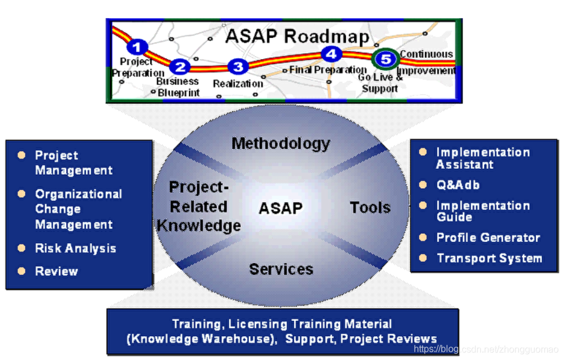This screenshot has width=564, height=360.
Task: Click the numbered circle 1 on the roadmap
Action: (137, 46)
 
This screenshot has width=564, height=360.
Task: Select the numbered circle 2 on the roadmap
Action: (180, 67)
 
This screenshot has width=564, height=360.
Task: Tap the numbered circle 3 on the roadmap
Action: (237, 67)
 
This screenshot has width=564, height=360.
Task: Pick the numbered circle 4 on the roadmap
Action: (331, 54)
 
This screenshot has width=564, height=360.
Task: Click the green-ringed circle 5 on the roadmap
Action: (385, 58)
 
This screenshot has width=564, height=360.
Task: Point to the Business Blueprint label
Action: (178, 87)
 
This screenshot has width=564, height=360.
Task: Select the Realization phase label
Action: (237, 84)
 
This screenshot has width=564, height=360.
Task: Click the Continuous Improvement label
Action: (427, 63)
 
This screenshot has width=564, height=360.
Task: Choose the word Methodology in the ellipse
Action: (281, 143)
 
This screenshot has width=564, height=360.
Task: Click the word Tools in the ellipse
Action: (370, 207)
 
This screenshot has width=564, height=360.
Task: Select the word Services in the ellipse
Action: (281, 269)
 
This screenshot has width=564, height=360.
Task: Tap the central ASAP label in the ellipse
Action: (281, 208)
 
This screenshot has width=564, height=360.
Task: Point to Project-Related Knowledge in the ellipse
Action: (199, 206)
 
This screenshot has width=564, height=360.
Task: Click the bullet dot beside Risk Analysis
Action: (22, 248)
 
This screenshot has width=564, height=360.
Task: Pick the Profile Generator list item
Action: (488, 238)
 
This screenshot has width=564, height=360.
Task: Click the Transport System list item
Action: (489, 258)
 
